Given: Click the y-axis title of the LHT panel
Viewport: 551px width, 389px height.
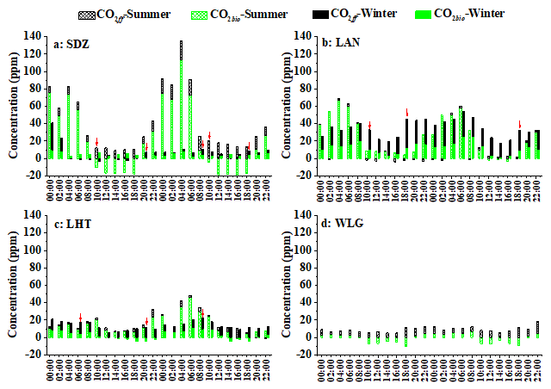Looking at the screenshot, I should pyautogui.click(x=13, y=277).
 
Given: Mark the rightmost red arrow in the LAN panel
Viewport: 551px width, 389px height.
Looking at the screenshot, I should pyautogui.click(x=520, y=124).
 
